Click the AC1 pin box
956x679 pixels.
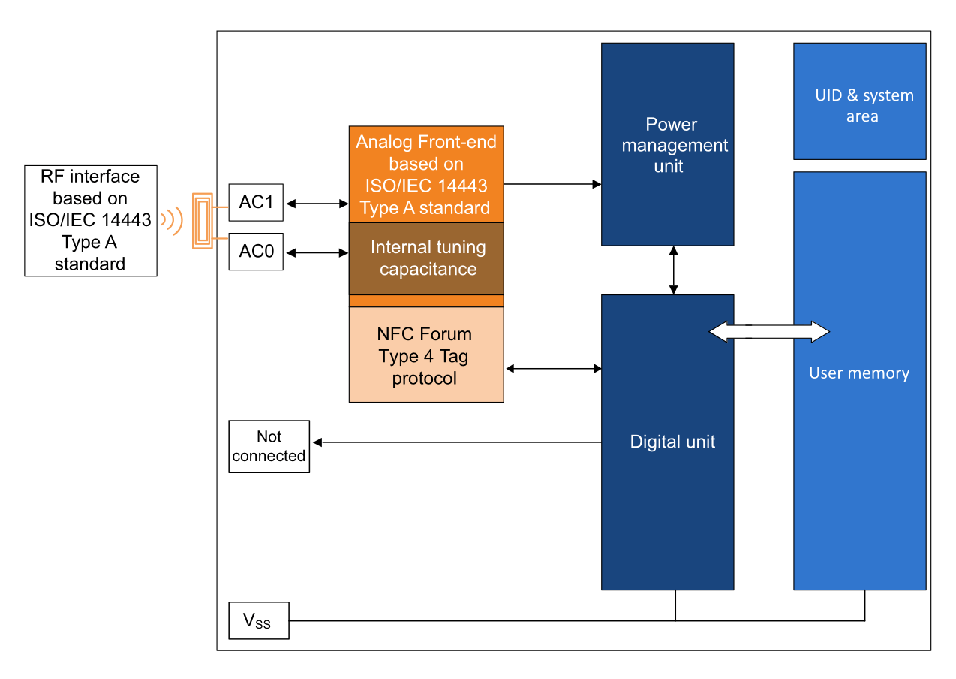click(x=256, y=203)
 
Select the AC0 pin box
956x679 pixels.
click(x=256, y=252)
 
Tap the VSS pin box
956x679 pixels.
click(x=259, y=620)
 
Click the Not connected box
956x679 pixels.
click(x=269, y=446)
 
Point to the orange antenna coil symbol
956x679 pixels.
click(x=202, y=221)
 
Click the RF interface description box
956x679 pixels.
click(x=90, y=221)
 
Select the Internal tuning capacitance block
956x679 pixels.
click(x=426, y=258)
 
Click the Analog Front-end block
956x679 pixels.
click(x=426, y=174)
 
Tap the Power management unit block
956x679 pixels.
click(x=667, y=144)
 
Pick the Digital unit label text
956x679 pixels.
click(x=672, y=442)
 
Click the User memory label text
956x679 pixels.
click(x=858, y=373)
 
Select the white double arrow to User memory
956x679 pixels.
click(x=769, y=331)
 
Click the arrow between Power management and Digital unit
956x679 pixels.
click(x=674, y=270)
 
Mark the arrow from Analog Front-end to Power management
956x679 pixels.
click(x=552, y=184)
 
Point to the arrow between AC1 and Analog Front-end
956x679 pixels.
click(x=316, y=204)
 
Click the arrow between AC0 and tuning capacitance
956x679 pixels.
click(x=316, y=253)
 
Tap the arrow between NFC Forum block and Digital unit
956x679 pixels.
click(x=554, y=369)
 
